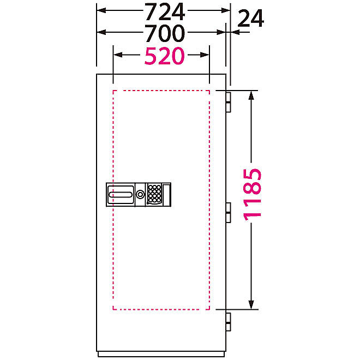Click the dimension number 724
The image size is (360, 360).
[x=165, y=11]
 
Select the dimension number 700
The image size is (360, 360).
[x=165, y=33]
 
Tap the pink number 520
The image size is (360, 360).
[x=164, y=56]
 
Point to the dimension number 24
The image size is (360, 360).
[x=250, y=19]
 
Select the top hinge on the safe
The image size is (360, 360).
[x=228, y=102]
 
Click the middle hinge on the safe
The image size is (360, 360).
[x=228, y=213]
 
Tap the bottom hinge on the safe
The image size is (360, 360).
[x=228, y=322]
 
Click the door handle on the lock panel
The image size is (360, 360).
[x=121, y=195]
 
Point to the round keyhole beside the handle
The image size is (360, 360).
[x=140, y=195]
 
